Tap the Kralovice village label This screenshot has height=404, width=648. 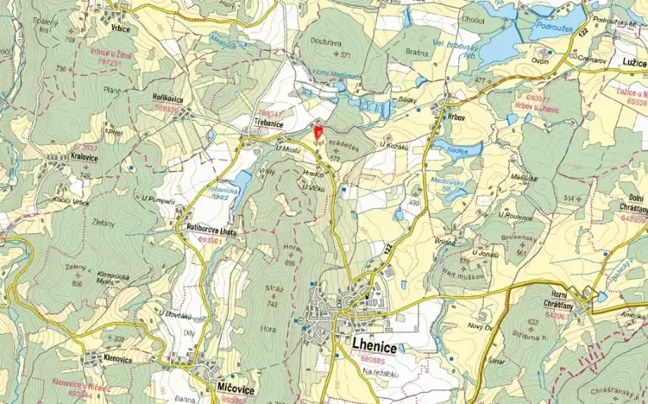pos(83,158)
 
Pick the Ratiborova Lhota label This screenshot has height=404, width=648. pos(211,233)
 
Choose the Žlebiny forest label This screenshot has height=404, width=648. pos(103,222)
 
